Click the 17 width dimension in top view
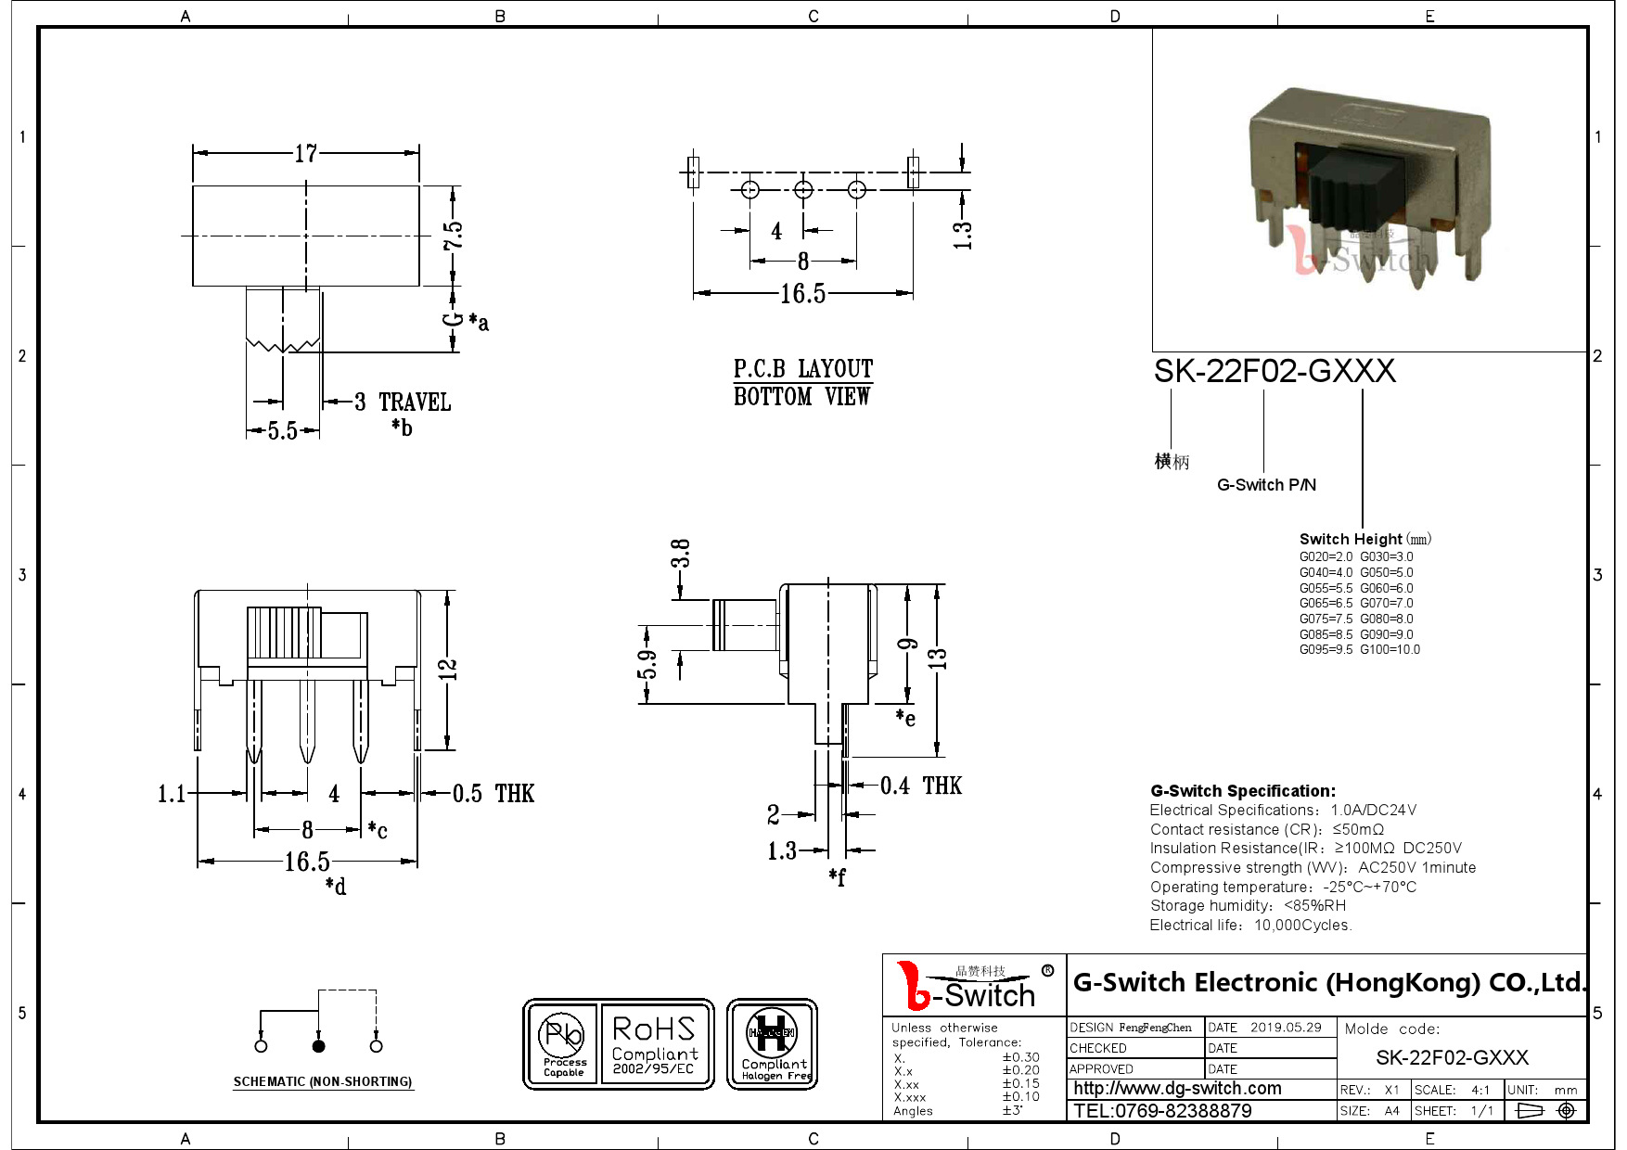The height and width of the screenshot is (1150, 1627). pyautogui.click(x=306, y=153)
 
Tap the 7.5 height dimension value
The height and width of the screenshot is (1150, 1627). pyautogui.click(x=453, y=236)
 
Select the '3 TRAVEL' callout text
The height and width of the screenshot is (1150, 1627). pyautogui.click(x=403, y=402)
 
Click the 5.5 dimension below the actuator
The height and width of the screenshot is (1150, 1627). pyautogui.click(x=282, y=431)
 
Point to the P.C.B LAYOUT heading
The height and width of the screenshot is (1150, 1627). pyautogui.click(x=802, y=369)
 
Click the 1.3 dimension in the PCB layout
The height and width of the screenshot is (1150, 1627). pyautogui.click(x=962, y=235)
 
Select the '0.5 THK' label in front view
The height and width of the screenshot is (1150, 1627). pyautogui.click(x=493, y=794)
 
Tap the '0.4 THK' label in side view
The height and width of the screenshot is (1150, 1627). pyautogui.click(x=920, y=786)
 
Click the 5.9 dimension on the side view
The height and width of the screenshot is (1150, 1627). pyautogui.click(x=647, y=664)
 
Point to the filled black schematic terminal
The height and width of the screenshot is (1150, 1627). pyautogui.click(x=318, y=1046)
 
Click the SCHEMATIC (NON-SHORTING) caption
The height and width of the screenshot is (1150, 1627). pyautogui.click(x=322, y=1081)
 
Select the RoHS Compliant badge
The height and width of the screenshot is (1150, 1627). pyautogui.click(x=655, y=1044)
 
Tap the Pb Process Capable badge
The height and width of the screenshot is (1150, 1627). pyautogui.click(x=564, y=1044)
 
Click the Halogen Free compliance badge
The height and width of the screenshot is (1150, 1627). pyautogui.click(x=772, y=1044)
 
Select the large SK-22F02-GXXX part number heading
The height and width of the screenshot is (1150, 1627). pyautogui.click(x=1274, y=372)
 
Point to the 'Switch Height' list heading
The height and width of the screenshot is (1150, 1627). pyautogui.click(x=1350, y=539)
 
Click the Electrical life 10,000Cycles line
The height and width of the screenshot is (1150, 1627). pyautogui.click(x=1250, y=925)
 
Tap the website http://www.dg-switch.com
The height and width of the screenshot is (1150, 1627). pyautogui.click(x=1177, y=1089)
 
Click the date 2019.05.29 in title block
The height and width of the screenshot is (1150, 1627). pyautogui.click(x=1285, y=1028)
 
